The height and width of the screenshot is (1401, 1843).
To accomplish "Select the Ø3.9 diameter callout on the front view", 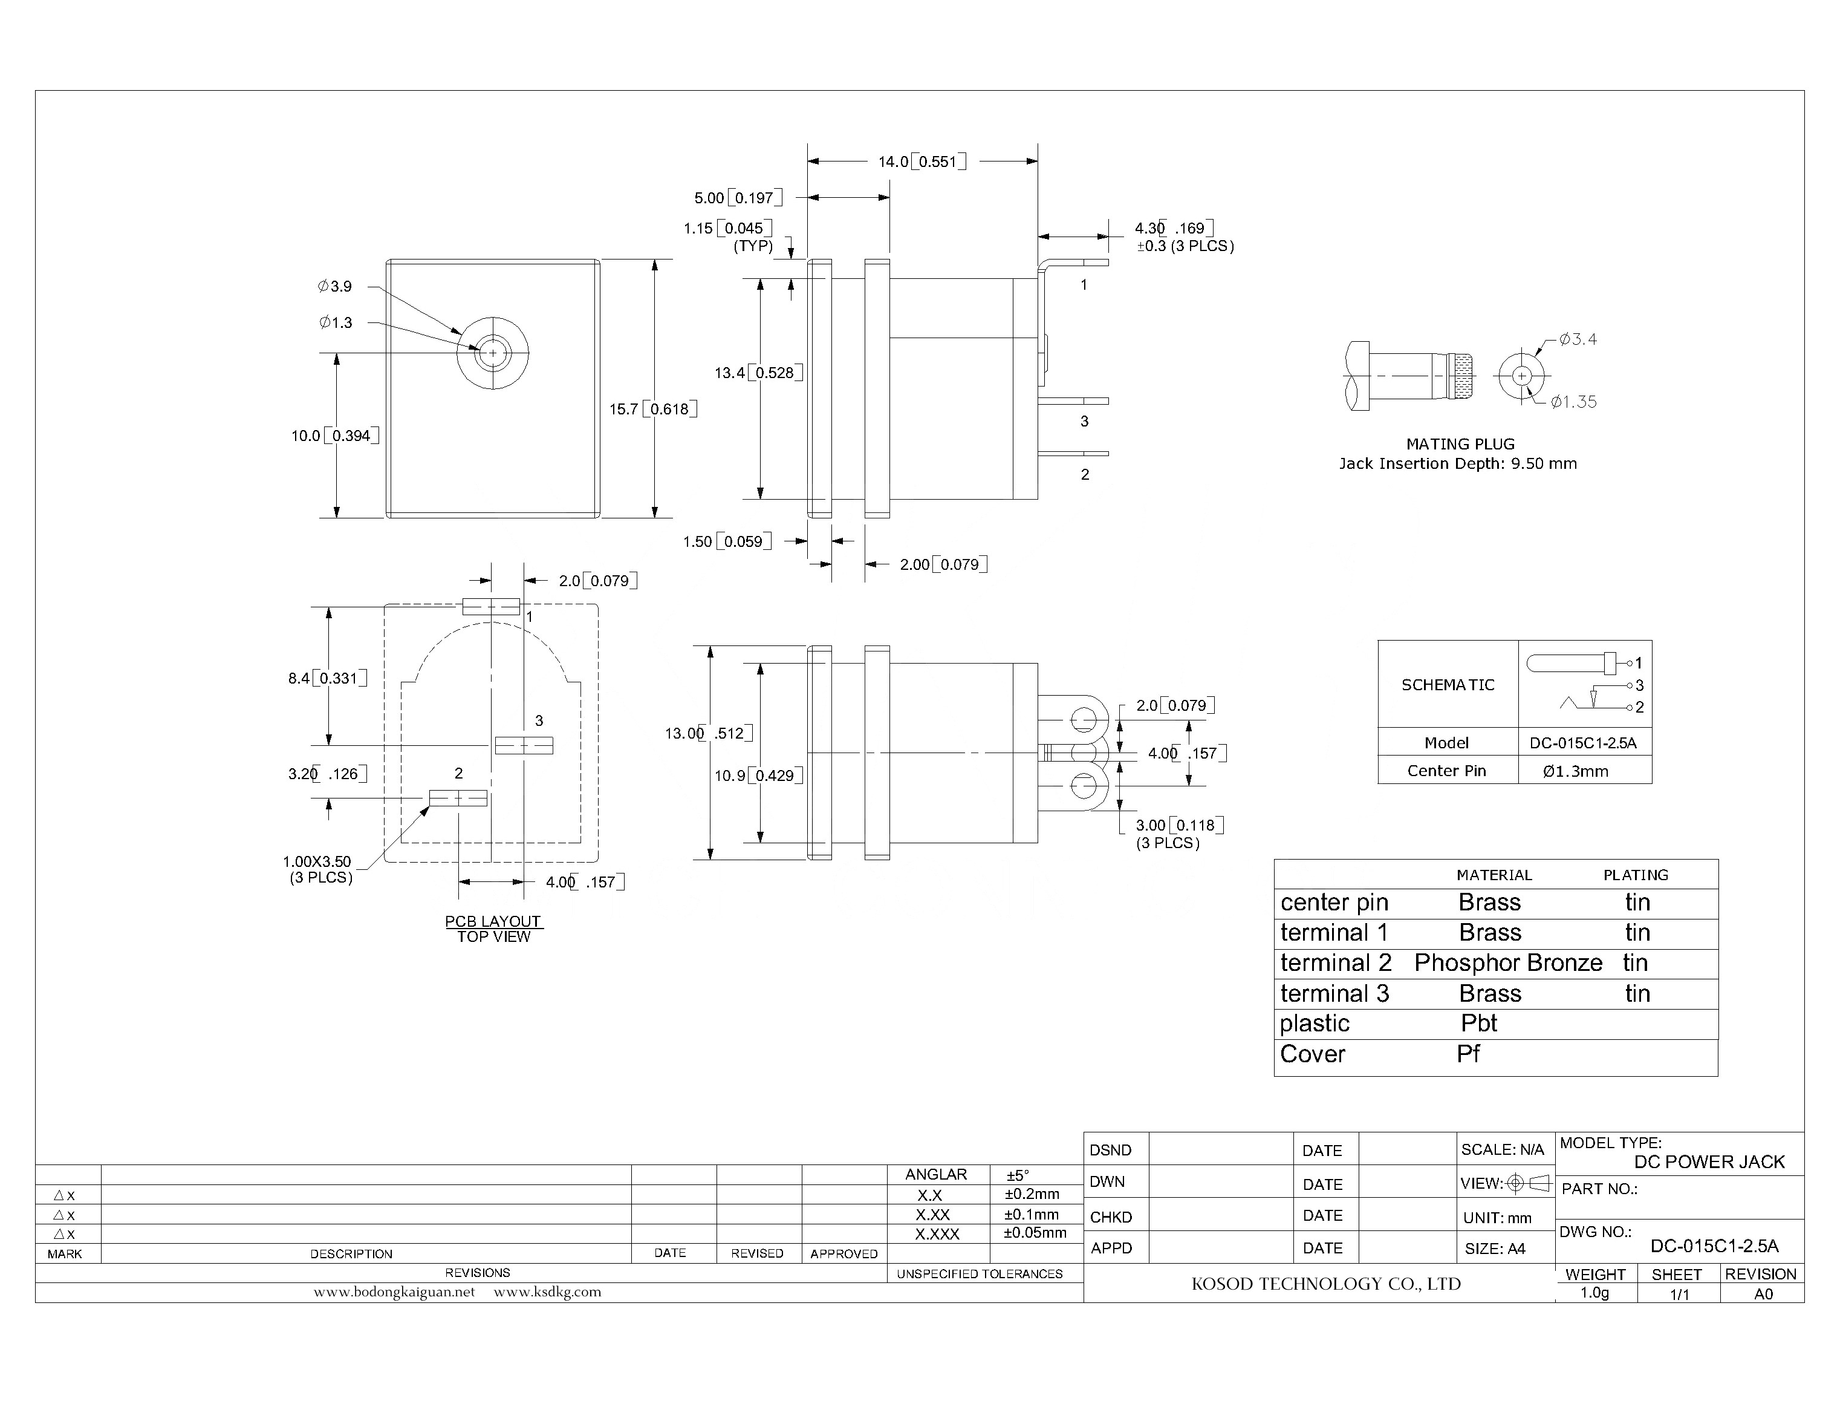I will coord(335,286).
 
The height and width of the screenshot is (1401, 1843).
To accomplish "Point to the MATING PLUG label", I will coord(1460,443).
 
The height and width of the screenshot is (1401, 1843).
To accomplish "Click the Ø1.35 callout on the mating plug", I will coord(1573,402).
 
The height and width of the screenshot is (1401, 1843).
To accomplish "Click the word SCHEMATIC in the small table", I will coord(1447,685).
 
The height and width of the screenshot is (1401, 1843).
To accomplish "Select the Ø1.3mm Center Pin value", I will coord(1575,771).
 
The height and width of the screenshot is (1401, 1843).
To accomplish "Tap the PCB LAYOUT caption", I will coord(493,921).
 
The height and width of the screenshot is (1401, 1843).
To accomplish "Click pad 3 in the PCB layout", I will coord(524,745).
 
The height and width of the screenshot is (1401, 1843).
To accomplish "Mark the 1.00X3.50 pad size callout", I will coord(317,861).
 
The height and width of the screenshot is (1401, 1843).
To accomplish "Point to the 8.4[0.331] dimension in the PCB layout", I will coord(327,678).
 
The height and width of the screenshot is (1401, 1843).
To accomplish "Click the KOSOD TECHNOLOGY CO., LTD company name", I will coord(1325,1284).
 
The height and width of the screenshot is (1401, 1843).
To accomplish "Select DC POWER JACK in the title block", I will coord(1709,1161).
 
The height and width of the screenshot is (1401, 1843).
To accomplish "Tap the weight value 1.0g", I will coord(1594,1293).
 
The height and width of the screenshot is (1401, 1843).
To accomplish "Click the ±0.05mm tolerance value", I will coord(1035,1233).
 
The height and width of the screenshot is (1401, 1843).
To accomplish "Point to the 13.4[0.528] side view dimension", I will coord(758,373).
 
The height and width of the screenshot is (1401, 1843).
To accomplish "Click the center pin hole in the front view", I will coord(493,353).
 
